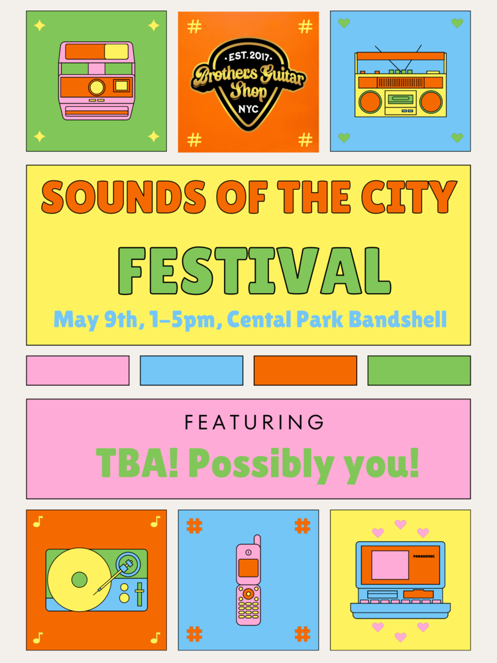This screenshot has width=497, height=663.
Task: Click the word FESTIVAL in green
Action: point(254,271)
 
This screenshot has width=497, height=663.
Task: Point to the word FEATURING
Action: point(254,422)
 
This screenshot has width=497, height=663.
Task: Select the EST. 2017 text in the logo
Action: point(248,56)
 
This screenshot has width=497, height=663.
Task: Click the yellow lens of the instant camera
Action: point(96,87)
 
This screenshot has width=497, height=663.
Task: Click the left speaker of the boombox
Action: point(370,102)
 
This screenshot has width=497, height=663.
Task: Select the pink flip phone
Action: point(248,580)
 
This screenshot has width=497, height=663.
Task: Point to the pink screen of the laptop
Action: point(390,565)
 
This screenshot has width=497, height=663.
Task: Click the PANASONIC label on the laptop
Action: point(423,556)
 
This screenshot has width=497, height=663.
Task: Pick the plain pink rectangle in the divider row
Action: point(78,371)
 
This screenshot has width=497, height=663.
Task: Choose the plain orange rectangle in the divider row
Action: point(305,371)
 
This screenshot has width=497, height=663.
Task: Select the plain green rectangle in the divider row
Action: point(419,371)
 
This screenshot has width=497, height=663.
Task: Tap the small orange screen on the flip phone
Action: point(248,568)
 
